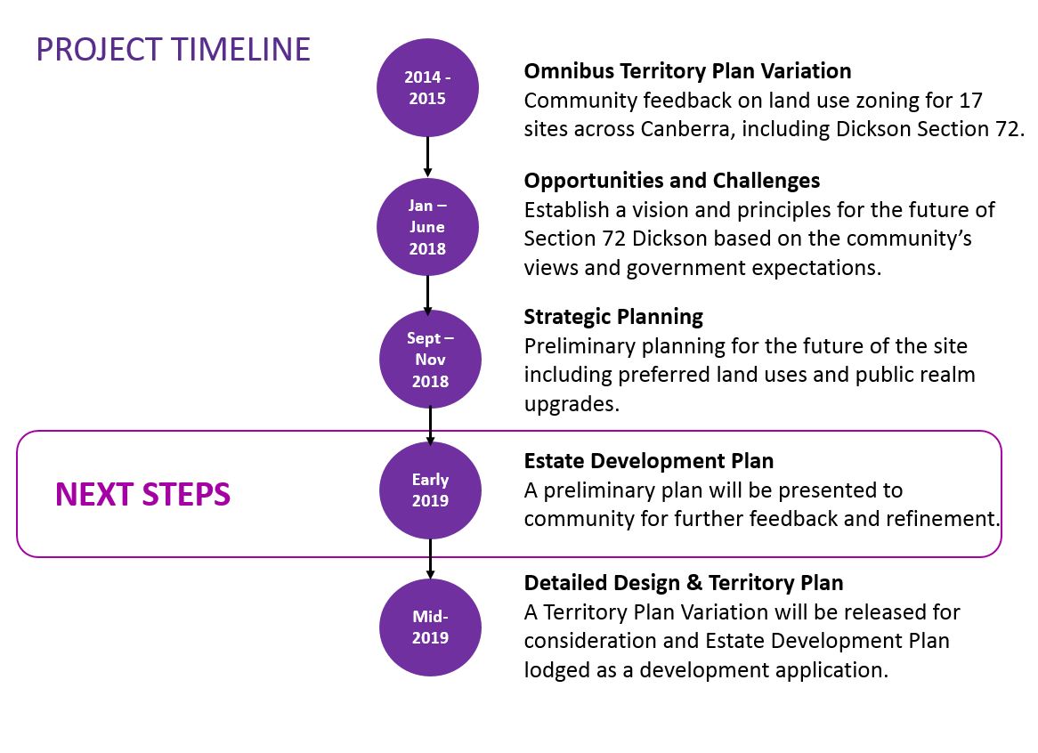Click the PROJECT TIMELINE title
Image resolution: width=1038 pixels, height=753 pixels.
click(x=174, y=50)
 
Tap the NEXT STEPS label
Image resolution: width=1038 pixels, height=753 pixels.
click(x=143, y=494)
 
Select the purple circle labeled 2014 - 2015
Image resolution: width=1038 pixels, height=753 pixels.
click(x=427, y=87)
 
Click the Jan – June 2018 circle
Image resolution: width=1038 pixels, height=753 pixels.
click(x=427, y=227)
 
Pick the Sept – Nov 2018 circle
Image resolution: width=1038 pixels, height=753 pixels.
click(x=430, y=360)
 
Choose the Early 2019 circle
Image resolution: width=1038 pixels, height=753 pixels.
click(x=430, y=490)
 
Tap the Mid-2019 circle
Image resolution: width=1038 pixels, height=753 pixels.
click(x=430, y=627)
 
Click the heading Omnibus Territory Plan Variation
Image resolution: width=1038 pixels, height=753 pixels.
click(x=688, y=71)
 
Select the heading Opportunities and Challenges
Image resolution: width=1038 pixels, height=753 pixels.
click(x=672, y=181)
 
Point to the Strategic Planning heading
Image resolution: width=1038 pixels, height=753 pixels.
click(x=613, y=317)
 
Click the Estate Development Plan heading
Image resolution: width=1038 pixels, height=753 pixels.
click(x=649, y=460)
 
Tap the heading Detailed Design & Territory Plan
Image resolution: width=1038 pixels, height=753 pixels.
click(x=684, y=583)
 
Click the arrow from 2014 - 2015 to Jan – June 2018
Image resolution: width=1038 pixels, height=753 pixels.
click(x=427, y=157)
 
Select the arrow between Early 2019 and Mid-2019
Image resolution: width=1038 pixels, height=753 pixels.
click(x=430, y=559)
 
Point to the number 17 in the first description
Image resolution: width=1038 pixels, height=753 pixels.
click(x=970, y=100)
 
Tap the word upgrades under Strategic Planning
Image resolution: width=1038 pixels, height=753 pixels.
click(x=572, y=404)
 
